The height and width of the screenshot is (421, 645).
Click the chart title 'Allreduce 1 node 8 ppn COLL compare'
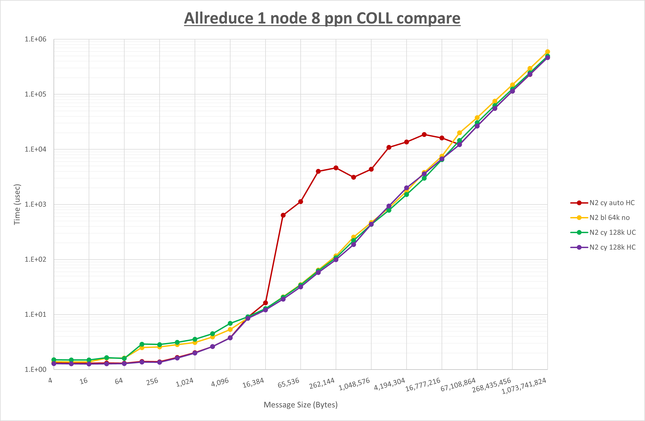[x=322, y=18]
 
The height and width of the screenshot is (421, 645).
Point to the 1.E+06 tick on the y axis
[x=36, y=39]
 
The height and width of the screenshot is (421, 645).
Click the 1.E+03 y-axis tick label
[x=36, y=204]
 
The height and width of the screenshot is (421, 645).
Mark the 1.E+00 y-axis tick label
[x=36, y=370]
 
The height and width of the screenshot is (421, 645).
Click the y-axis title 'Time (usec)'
[x=17, y=204]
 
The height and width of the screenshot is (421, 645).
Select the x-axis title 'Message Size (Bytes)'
[x=301, y=405]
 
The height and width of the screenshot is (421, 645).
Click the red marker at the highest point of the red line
[x=424, y=135]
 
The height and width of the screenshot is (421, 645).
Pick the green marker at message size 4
[x=54, y=360]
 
